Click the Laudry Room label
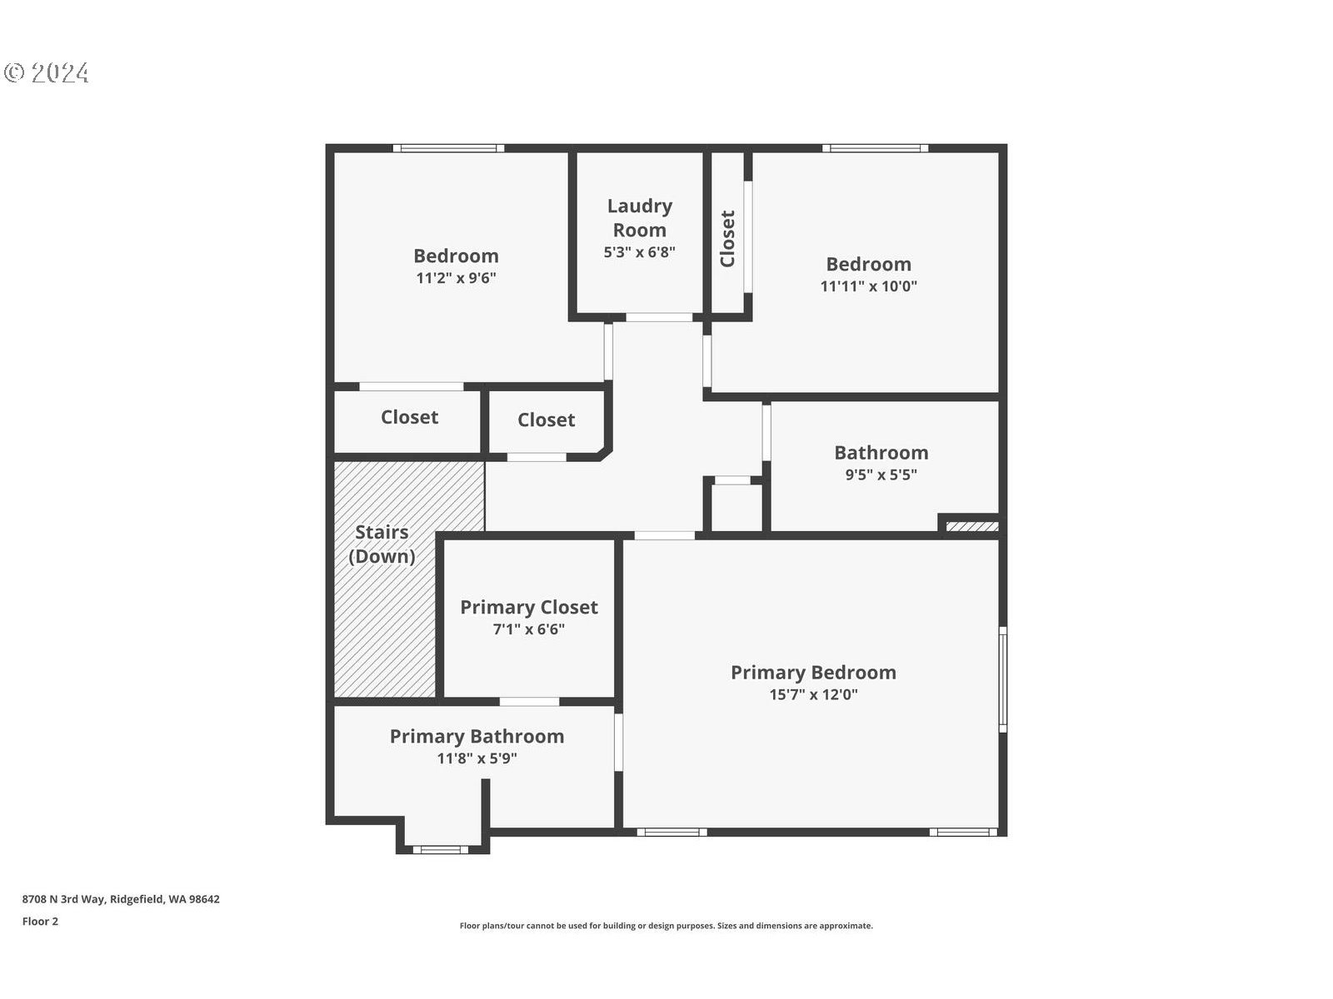tap(640, 218)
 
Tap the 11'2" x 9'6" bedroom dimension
tap(456, 278)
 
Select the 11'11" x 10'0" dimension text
tap(868, 286)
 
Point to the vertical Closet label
tap(727, 238)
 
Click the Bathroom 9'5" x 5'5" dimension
tap(881, 475)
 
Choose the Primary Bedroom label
tap(813, 672)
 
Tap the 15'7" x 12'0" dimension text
tap(813, 694)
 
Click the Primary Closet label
tap(529, 607)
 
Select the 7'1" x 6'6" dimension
tap(529, 629)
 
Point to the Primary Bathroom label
tap(477, 737)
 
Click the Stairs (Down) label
tap(382, 544)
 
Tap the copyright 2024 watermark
tap(47, 72)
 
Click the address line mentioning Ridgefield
tap(121, 899)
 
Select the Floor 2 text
tap(40, 922)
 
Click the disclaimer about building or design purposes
tap(666, 926)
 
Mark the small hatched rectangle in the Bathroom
tap(972, 526)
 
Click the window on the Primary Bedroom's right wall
tap(1003, 679)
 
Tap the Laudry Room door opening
tap(659, 317)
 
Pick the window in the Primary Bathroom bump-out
tap(441, 850)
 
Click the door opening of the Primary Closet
tap(530, 702)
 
